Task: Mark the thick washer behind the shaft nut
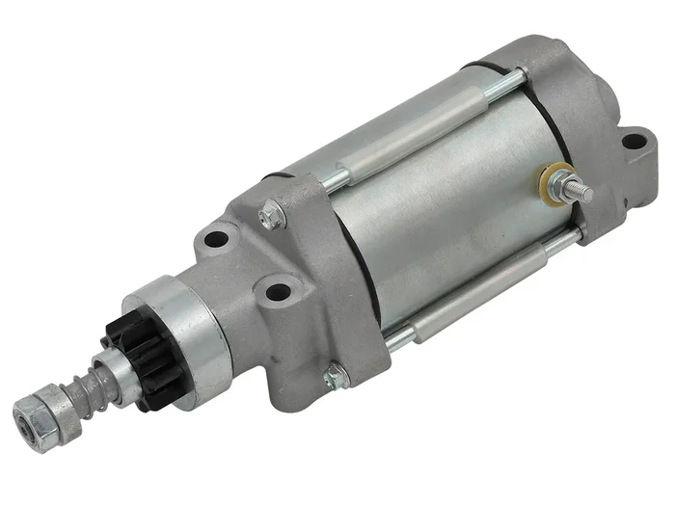(60, 399)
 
